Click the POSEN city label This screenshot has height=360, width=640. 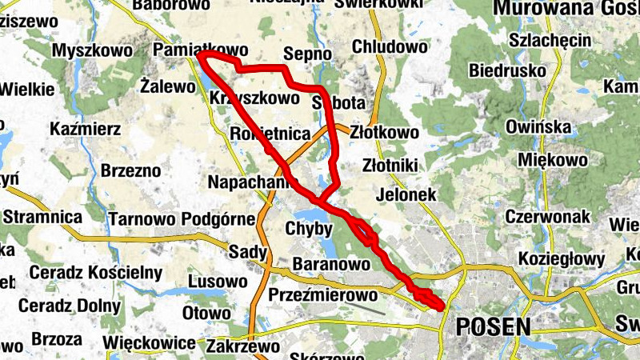(x=492, y=326)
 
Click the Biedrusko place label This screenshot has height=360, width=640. (x=509, y=70)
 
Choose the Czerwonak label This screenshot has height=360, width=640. (x=547, y=216)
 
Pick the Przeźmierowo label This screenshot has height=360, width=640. (x=322, y=294)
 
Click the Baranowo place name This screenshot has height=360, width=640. (x=330, y=263)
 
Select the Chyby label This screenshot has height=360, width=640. (x=308, y=230)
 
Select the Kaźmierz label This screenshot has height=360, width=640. (x=85, y=128)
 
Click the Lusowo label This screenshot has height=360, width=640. (x=218, y=282)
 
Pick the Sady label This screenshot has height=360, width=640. (x=247, y=252)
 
